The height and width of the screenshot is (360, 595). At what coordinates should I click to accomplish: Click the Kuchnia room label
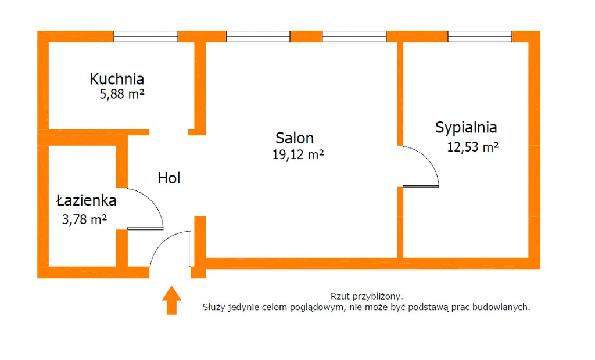point(117,79)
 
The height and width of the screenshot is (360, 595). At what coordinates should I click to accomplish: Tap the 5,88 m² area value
point(122,94)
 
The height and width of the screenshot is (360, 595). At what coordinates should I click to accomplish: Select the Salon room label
point(295,138)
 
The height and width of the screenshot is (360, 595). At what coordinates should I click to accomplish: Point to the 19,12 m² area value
point(297,154)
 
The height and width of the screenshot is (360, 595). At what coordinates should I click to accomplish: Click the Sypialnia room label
point(466,127)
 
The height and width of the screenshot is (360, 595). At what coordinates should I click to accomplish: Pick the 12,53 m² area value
point(472,147)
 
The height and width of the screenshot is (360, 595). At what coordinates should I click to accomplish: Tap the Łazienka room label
point(86,201)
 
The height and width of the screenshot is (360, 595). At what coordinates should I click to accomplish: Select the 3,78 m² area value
point(84,219)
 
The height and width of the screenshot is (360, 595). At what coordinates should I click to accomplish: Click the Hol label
point(169,178)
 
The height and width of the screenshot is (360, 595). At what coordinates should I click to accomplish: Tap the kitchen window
point(146,37)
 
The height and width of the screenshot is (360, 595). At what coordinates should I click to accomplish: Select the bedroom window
point(479,37)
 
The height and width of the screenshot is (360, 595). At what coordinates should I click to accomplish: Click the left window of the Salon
point(250,37)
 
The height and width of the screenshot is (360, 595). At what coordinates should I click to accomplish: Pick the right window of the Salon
point(354,37)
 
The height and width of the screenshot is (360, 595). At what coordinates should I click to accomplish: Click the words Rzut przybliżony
point(366,296)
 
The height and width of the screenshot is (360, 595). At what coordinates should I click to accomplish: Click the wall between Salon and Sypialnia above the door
point(400,93)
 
